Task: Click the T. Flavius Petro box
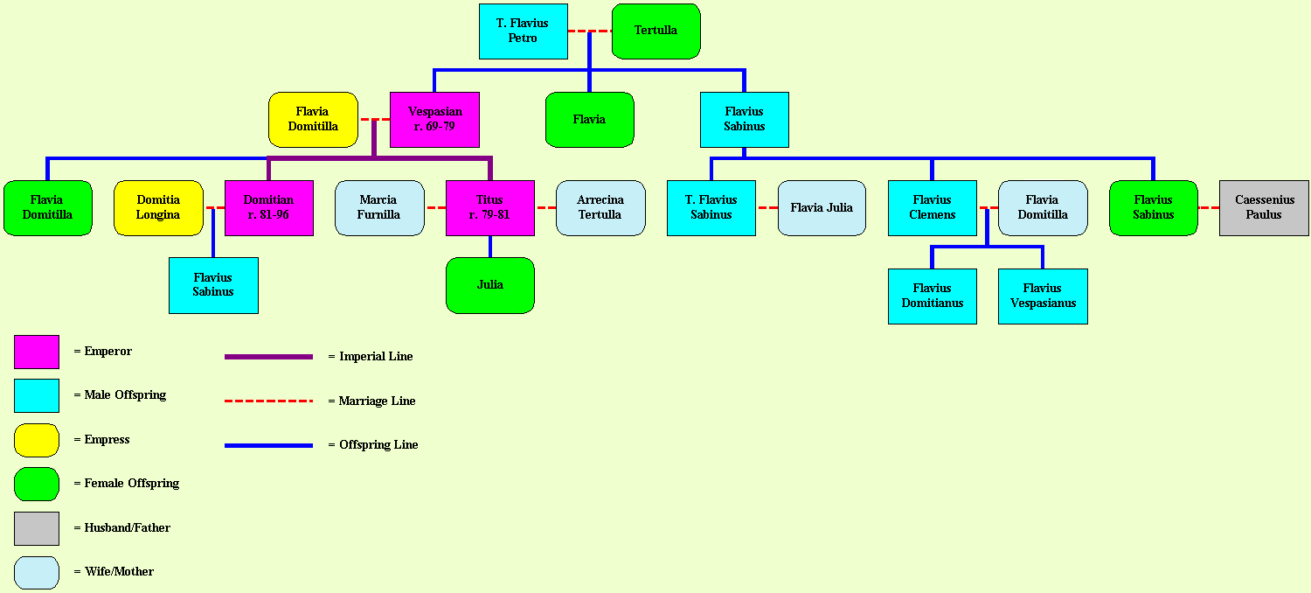(x=523, y=31)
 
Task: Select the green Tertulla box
(x=655, y=31)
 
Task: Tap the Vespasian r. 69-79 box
(x=434, y=119)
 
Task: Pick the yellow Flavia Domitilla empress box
(x=313, y=119)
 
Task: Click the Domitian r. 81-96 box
(x=268, y=207)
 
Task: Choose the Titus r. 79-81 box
(x=489, y=207)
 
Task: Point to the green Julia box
(x=489, y=285)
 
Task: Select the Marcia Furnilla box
(x=378, y=207)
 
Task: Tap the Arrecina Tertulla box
(x=600, y=207)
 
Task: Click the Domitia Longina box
(x=158, y=207)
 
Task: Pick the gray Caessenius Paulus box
(x=1264, y=207)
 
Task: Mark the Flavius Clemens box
(x=932, y=207)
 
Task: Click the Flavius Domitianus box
(x=932, y=296)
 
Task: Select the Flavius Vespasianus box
(x=1043, y=296)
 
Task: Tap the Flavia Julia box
(x=822, y=207)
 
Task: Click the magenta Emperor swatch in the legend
(x=37, y=352)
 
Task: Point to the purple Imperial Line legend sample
(x=268, y=357)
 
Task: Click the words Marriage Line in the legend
(x=377, y=401)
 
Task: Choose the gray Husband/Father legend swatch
(x=37, y=528)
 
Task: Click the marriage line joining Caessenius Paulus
(x=1208, y=207)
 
